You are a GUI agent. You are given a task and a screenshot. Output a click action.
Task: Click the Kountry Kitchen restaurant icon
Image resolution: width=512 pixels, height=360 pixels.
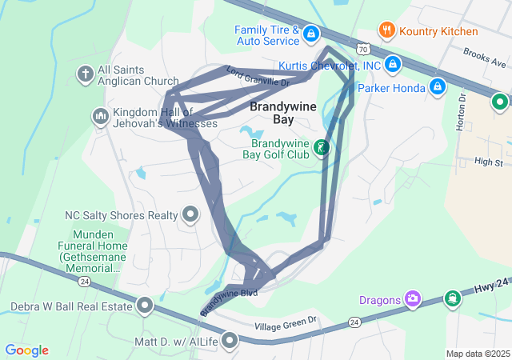pyautogui.click(x=388, y=31)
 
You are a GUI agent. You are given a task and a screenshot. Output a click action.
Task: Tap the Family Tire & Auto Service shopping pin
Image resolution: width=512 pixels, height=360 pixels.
pyautogui.click(x=310, y=34)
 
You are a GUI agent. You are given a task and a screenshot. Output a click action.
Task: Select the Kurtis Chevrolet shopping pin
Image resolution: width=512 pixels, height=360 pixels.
pyautogui.click(x=393, y=64)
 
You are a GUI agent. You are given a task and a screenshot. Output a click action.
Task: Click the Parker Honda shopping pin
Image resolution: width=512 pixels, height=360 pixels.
pyautogui.click(x=438, y=86)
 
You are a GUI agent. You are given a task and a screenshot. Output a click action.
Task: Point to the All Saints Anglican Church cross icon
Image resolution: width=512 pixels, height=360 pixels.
pyautogui.click(x=85, y=74)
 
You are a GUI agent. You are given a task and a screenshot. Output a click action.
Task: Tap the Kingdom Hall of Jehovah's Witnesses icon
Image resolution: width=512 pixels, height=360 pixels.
pyautogui.click(x=100, y=118)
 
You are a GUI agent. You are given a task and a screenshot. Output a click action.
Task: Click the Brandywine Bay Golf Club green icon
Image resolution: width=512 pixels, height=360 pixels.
pyautogui.click(x=322, y=147)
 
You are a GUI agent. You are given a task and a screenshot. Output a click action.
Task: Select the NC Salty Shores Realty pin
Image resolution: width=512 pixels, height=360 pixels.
pyautogui.click(x=190, y=214)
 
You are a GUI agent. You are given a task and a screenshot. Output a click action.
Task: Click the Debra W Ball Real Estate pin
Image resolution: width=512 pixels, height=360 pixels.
pyautogui.click(x=145, y=306)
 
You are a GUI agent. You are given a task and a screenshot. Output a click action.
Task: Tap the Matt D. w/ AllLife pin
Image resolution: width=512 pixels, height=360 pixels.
pyautogui.click(x=230, y=342)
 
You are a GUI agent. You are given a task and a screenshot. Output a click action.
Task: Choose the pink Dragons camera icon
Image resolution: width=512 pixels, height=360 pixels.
pyautogui.click(x=413, y=299)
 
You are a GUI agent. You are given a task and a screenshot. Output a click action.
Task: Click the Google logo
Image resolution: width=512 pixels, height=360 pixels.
pyautogui.click(x=27, y=350)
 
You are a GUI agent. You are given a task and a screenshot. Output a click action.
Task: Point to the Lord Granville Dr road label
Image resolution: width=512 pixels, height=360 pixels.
pyautogui.click(x=258, y=77)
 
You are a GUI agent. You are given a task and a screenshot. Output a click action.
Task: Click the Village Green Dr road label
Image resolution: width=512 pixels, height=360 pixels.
pyautogui.click(x=286, y=326)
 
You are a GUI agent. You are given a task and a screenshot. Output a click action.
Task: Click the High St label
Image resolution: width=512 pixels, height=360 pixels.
pyautogui.click(x=487, y=162)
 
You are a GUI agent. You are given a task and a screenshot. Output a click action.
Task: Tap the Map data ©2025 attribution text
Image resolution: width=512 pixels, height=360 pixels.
pyautogui.click(x=477, y=354)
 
